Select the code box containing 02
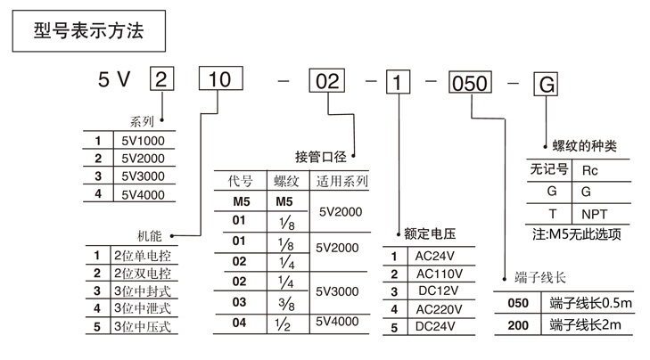tap(328, 79)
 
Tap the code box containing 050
tap(469, 80)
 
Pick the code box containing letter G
tap(544, 80)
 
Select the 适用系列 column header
tap(342, 182)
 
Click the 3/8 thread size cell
tap(284, 304)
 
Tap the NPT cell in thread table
tap(594, 214)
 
